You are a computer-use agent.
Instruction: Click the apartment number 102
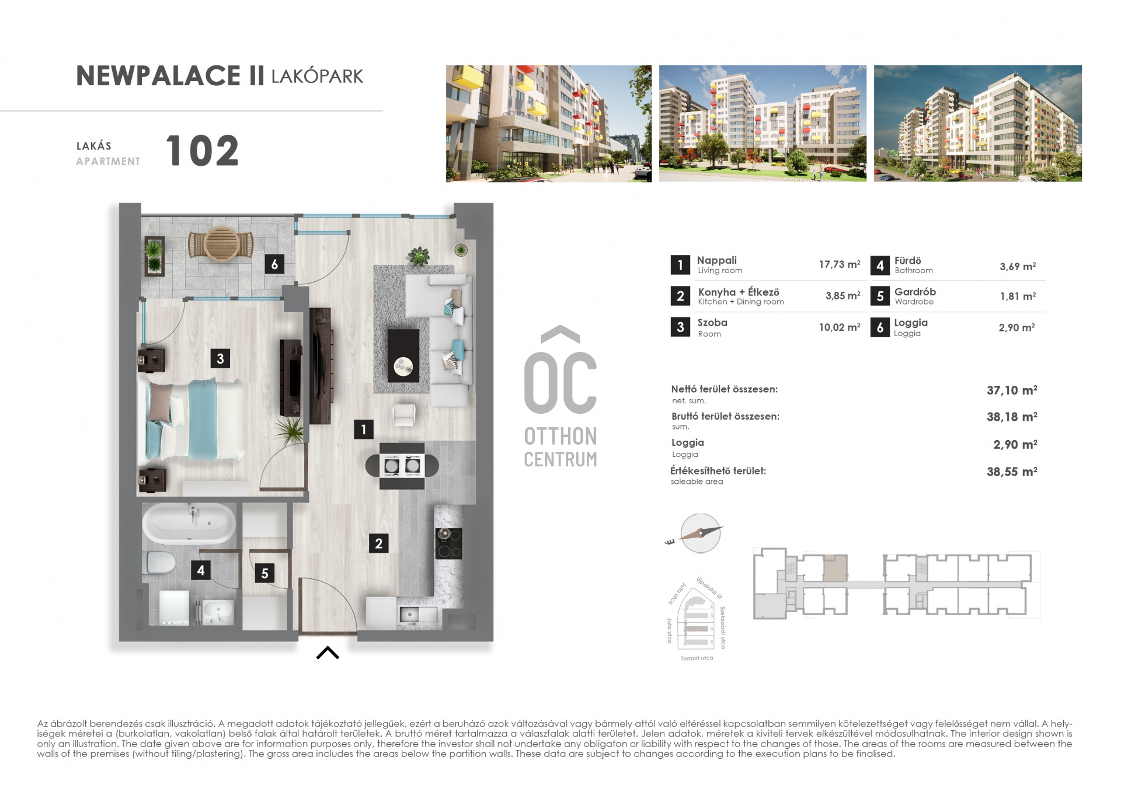[x=202, y=151]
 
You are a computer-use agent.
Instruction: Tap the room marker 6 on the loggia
[x=274, y=264]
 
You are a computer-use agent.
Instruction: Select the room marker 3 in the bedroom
[x=220, y=358]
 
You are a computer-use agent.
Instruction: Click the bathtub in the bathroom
[x=190, y=523]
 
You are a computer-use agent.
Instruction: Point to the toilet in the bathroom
[x=159, y=563]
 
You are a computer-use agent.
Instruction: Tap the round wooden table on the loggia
[x=221, y=244]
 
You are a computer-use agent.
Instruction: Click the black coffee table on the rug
[x=403, y=355]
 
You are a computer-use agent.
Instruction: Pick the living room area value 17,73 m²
[x=840, y=264]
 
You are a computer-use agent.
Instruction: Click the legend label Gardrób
[x=915, y=292]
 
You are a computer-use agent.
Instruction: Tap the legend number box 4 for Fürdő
[x=880, y=266]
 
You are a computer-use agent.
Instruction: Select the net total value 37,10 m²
[x=1012, y=390]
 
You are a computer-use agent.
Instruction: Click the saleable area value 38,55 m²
[x=1012, y=472]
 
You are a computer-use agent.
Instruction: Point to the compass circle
[x=701, y=533]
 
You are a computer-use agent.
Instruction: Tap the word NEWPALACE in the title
[x=158, y=76]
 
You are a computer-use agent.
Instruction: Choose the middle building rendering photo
[x=763, y=123]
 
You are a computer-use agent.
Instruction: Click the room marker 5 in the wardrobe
[x=264, y=573]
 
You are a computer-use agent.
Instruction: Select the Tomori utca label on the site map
[x=697, y=658]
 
